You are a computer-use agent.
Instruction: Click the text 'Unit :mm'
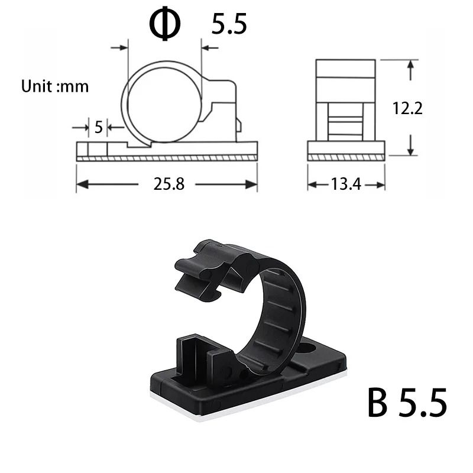click(x=55, y=86)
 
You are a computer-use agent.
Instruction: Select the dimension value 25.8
click(x=169, y=184)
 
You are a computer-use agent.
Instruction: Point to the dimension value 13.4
click(x=346, y=184)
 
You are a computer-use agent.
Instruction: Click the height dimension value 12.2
click(x=408, y=108)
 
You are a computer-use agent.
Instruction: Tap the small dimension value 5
click(x=98, y=127)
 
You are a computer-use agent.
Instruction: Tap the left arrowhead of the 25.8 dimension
click(x=81, y=184)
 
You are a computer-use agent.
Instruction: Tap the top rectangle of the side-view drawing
click(x=346, y=69)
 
